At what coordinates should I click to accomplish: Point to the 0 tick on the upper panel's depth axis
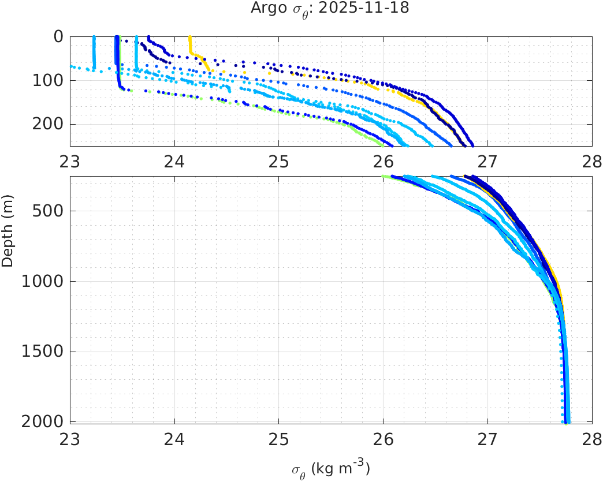point(58,36)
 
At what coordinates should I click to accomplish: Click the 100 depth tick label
point(49,80)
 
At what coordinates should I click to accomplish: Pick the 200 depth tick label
point(49,124)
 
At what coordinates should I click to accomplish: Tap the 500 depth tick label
point(49,211)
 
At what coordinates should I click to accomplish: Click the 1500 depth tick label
point(44,352)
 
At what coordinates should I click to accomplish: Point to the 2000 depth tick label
point(44,421)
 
